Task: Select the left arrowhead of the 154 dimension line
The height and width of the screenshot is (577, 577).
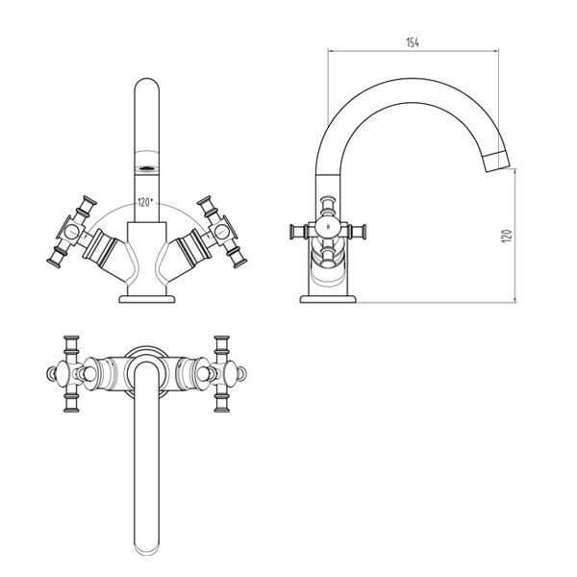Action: coord(332,53)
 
